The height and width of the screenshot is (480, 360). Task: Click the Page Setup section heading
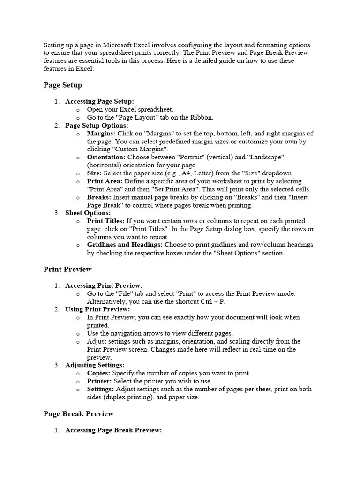pos(63,85)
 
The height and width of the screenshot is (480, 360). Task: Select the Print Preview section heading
pos(67,270)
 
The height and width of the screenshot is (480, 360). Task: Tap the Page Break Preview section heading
pos(79,414)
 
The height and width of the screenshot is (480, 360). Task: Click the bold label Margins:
pos(101,134)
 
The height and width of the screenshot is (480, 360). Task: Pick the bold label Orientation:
pos(106,157)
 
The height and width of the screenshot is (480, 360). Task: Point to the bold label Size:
pos(95,173)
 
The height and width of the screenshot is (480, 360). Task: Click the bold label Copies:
pos(98,373)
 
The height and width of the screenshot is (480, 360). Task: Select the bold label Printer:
pos(99,381)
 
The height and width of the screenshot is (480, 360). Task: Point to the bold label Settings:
pos(100,389)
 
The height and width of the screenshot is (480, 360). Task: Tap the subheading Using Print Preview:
pos(97,309)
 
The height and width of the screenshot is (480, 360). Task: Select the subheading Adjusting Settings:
pos(95,365)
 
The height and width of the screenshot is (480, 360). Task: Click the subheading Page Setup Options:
pos(97,126)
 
